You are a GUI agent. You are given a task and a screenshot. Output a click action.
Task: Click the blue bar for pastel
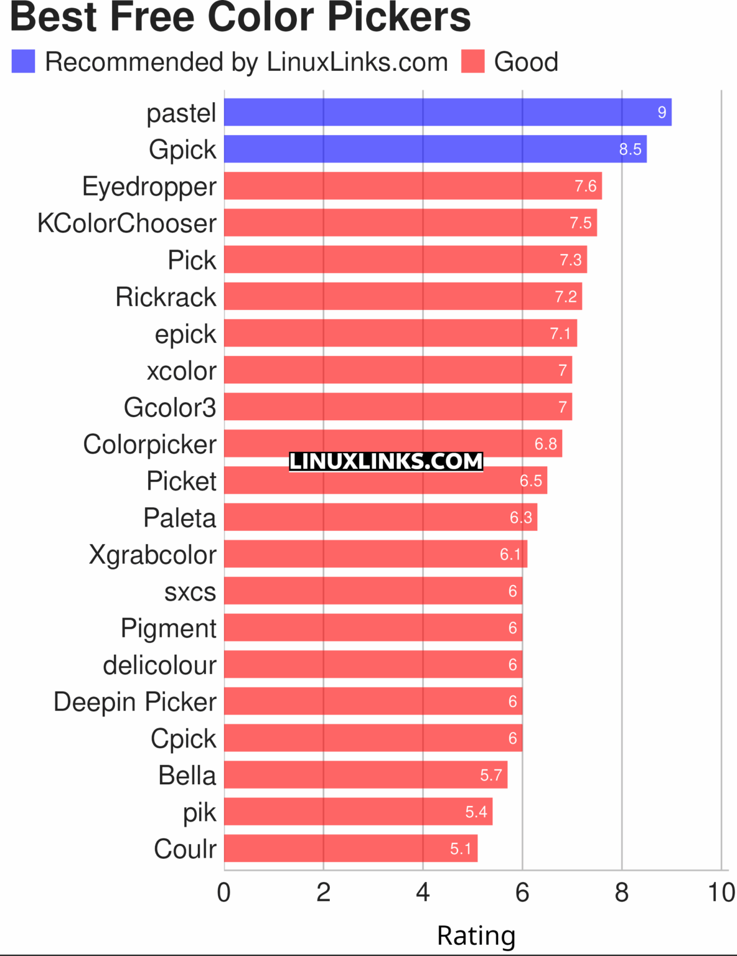[447, 112]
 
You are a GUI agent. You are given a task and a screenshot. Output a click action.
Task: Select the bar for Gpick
[434, 149]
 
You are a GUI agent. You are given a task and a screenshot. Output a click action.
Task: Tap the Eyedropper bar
[412, 186]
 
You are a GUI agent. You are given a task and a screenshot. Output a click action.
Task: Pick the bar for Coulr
[350, 849]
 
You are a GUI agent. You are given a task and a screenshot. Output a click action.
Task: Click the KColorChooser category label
[127, 223]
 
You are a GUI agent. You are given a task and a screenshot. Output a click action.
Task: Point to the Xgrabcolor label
[153, 555]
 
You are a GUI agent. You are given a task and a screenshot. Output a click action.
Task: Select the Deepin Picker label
[135, 702]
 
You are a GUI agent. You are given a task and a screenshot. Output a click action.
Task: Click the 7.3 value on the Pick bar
[570, 260]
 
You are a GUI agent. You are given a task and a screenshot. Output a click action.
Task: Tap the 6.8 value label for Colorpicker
[545, 444]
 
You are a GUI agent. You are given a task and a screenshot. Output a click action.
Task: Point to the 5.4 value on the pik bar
[476, 812]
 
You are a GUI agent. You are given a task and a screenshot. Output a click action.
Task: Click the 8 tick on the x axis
[621, 893]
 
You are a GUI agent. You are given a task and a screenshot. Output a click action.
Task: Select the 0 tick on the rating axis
[224, 893]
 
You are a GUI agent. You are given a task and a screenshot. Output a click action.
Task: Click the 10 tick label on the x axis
[721, 893]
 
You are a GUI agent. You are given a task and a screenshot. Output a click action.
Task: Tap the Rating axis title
[476, 935]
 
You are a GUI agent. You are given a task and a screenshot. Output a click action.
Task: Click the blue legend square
[24, 62]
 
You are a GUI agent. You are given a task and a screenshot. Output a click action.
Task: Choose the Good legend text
[526, 62]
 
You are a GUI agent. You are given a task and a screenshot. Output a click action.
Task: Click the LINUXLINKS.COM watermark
[386, 461]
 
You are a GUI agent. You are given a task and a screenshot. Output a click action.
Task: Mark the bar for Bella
[365, 776]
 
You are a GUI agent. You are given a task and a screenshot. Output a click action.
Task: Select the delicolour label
[159, 665]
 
